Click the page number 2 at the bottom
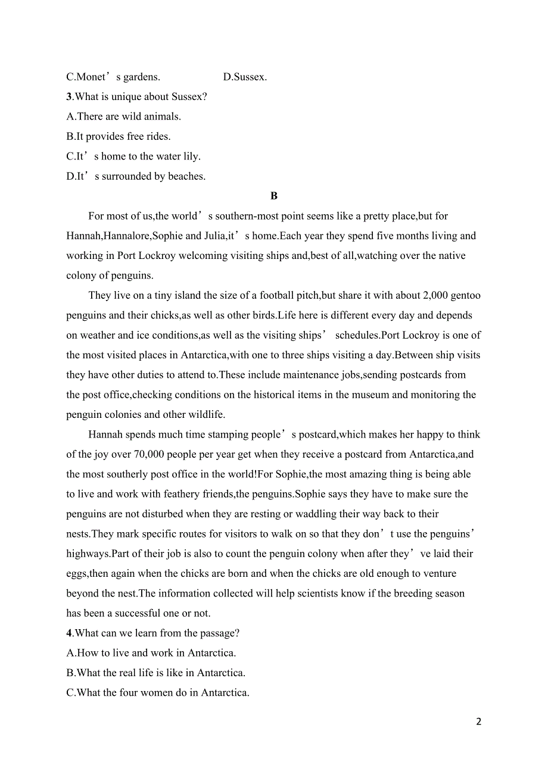[x=478, y=722]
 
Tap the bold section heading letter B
[x=274, y=196]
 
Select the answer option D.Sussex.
[x=245, y=77]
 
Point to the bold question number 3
[x=69, y=96]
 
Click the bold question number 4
[x=69, y=633]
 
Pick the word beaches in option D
[x=186, y=176]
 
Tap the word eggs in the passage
[x=76, y=574]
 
